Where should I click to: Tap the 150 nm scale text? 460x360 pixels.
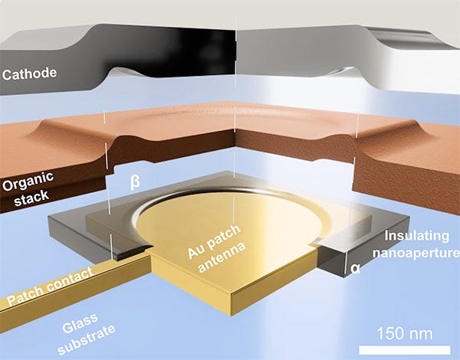(x=406, y=334)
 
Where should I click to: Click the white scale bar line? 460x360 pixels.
(x=406, y=349)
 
